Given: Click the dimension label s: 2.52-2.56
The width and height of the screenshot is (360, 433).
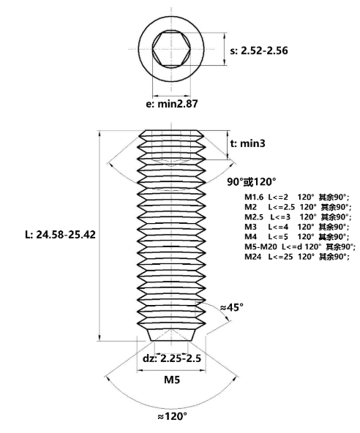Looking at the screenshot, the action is (259, 50).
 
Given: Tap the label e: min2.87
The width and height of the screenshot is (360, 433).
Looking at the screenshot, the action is (171, 104).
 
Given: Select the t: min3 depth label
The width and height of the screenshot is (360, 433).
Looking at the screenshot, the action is (247, 143).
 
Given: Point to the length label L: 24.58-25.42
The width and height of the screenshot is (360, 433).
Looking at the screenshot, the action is (60, 235).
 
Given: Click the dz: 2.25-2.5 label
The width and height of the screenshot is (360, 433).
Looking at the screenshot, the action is (172, 358).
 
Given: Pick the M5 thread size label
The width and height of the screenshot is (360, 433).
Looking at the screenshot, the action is (172, 380).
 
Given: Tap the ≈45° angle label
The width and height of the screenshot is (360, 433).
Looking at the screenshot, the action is (231, 307).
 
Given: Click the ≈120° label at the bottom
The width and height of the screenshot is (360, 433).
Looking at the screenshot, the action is (172, 416).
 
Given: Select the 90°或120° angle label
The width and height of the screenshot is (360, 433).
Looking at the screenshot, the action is (252, 182).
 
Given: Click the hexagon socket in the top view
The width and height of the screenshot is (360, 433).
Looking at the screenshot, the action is (171, 49).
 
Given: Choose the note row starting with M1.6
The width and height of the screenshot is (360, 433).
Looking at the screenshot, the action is (297, 197).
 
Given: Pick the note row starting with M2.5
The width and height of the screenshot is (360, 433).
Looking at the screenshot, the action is (298, 217).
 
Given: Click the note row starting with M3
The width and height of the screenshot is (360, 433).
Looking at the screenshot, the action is (297, 227).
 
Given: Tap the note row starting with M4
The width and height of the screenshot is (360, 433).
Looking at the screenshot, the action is (297, 237).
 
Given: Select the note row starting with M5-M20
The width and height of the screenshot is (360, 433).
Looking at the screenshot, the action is (300, 247).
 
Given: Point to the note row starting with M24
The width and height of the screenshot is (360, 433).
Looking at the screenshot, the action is (297, 257).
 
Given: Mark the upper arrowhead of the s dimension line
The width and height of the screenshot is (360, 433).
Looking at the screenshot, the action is (225, 35).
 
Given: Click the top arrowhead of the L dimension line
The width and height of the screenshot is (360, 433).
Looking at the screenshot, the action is (100, 133).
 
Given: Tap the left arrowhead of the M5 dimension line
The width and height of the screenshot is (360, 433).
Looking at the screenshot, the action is (140, 370).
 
